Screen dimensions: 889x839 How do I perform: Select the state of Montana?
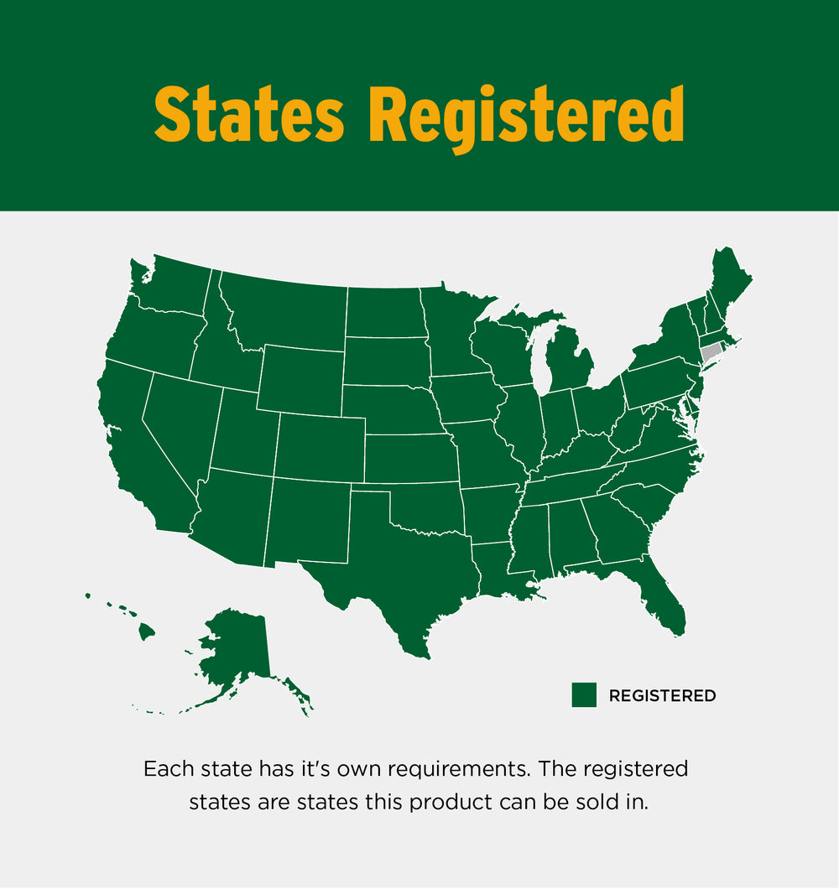285,310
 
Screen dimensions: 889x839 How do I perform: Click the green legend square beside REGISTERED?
584,694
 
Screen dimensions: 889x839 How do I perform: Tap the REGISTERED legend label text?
662,695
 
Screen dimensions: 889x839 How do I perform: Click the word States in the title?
249,114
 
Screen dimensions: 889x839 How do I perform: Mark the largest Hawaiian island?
147,630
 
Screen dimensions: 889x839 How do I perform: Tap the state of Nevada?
180,428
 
